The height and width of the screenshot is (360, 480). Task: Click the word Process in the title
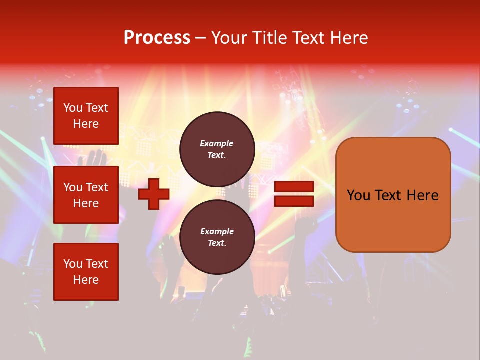click(157, 38)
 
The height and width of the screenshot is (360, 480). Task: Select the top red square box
click(86, 116)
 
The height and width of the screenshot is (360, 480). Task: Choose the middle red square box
click(86, 195)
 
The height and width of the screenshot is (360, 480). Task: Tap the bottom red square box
click(86, 272)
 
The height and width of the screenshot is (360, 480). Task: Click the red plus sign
click(154, 194)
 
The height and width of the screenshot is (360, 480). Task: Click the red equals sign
click(294, 194)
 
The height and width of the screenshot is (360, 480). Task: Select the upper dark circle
click(217, 149)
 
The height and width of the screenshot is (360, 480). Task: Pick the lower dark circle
click(217, 237)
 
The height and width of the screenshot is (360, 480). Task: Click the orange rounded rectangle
click(393, 195)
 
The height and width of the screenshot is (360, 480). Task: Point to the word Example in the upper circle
click(217, 144)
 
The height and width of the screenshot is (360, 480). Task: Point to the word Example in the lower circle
click(217, 232)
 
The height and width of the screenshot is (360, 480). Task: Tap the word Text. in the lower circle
click(217, 243)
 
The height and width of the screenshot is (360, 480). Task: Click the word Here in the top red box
click(86, 124)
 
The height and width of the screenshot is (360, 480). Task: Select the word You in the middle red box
click(73, 187)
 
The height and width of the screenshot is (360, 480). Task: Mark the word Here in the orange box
click(422, 195)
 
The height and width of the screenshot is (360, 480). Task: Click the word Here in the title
click(349, 38)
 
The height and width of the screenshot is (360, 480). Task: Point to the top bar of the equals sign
click(294, 187)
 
